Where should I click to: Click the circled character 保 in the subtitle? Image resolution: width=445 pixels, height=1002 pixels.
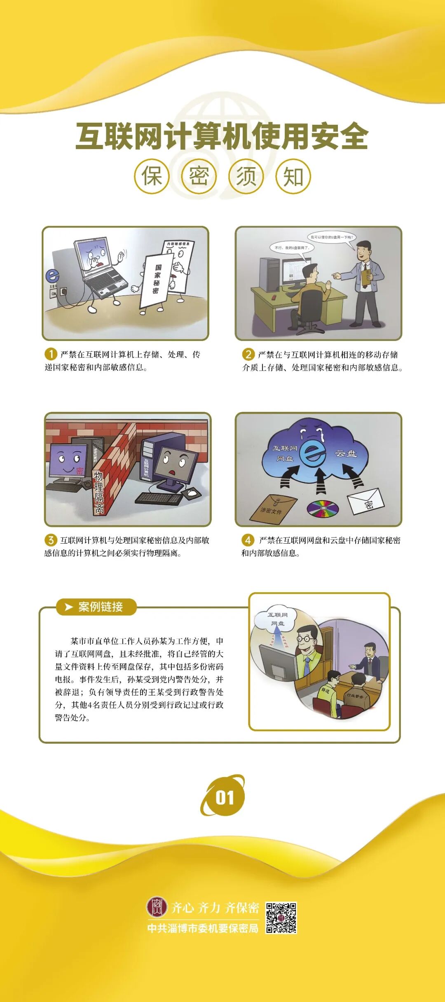pos(152,176)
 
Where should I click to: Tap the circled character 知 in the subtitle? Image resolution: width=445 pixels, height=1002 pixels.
pos(293,176)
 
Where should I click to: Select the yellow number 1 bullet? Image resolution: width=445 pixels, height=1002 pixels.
pos(51,354)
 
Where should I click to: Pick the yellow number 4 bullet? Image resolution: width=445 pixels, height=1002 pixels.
pos(248,540)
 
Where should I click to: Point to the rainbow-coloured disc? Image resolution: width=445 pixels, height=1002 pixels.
pos(323,508)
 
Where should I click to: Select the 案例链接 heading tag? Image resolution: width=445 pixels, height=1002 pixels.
pos(96,607)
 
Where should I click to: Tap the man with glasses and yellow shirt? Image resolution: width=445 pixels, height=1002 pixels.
pos(307,651)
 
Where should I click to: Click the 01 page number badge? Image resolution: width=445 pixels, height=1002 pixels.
pos(223,797)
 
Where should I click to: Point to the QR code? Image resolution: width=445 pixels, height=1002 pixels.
pos(281,918)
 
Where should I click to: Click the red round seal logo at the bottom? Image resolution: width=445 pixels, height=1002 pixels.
pos(157,906)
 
